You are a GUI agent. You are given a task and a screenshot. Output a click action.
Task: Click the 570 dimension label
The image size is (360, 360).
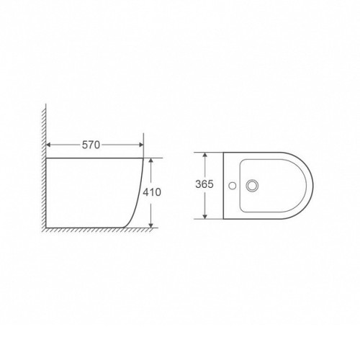(91, 145)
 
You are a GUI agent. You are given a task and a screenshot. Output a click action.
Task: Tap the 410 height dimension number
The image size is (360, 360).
(152, 192)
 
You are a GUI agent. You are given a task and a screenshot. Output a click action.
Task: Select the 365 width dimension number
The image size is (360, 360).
(204, 184)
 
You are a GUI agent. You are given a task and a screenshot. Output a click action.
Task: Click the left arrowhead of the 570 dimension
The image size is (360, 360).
(48, 145)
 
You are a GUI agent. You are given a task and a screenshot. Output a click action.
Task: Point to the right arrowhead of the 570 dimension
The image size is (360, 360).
(141, 145)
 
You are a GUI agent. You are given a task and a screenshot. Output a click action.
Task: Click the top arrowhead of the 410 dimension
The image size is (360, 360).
(150, 161)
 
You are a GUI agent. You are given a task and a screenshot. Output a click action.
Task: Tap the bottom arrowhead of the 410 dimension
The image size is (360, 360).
(150, 225)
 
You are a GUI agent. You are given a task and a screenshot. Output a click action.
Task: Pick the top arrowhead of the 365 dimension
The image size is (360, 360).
(204, 155)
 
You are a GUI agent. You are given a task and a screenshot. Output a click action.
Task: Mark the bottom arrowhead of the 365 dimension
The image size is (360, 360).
(204, 217)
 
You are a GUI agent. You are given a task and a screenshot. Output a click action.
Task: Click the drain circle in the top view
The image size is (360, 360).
(252, 186)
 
